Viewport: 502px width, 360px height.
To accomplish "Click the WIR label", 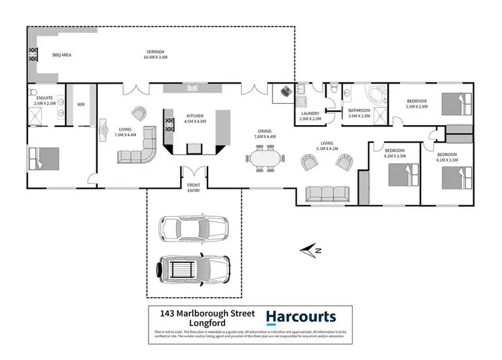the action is point(81,104).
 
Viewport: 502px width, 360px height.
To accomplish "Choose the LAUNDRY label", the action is point(310,114).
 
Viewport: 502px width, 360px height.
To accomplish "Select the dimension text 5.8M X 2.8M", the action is point(416,106).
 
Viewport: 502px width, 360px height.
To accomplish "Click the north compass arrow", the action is point(310,251).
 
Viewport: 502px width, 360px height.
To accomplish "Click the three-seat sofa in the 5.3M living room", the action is point(327,193).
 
